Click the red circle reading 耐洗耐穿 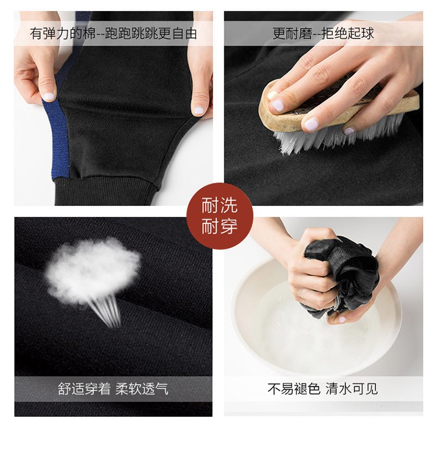point(220,216)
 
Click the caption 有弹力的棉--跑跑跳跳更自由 point(113,33)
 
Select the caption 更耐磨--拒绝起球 point(323,33)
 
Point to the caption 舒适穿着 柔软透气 point(113,389)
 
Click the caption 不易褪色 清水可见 point(323,389)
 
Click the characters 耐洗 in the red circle point(219,205)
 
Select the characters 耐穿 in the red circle point(219,226)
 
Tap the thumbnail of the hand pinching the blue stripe point(48,97)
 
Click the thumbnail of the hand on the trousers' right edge point(199,109)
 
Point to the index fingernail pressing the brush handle point(277,106)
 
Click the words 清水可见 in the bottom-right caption point(352,389)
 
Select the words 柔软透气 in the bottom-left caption point(142,389)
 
